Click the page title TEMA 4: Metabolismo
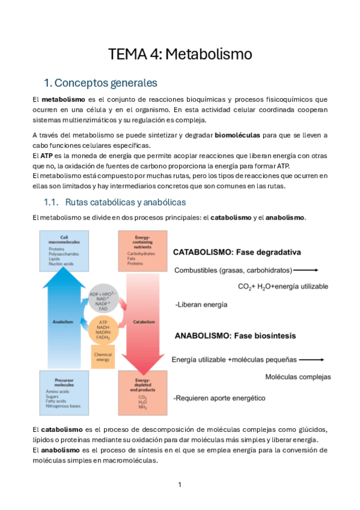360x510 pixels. (180, 55)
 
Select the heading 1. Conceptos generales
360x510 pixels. (100, 82)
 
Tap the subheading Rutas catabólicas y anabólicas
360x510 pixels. (125, 201)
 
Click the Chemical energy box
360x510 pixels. (103, 357)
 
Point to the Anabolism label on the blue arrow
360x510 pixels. (63, 322)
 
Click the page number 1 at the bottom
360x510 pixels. (180, 485)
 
